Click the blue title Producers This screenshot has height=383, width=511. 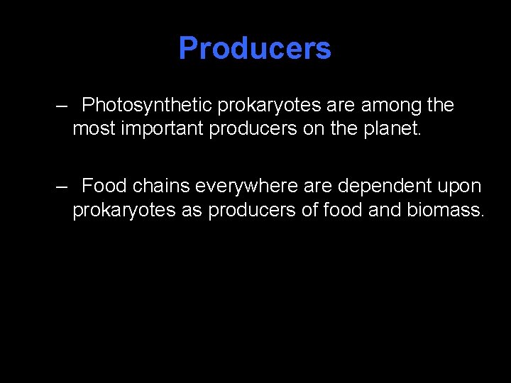(255, 48)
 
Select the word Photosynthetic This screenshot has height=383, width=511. (147, 106)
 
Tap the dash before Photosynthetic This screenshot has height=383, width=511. (62, 106)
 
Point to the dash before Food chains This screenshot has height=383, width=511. (62, 187)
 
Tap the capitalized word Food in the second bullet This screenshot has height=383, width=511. (104, 187)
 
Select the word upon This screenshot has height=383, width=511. (460, 187)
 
